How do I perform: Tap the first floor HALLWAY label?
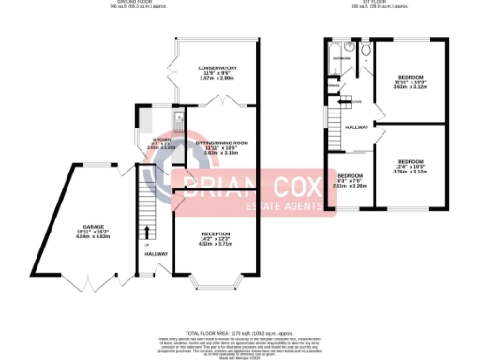[x=356, y=127]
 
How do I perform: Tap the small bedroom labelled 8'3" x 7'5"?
[x=349, y=177]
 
